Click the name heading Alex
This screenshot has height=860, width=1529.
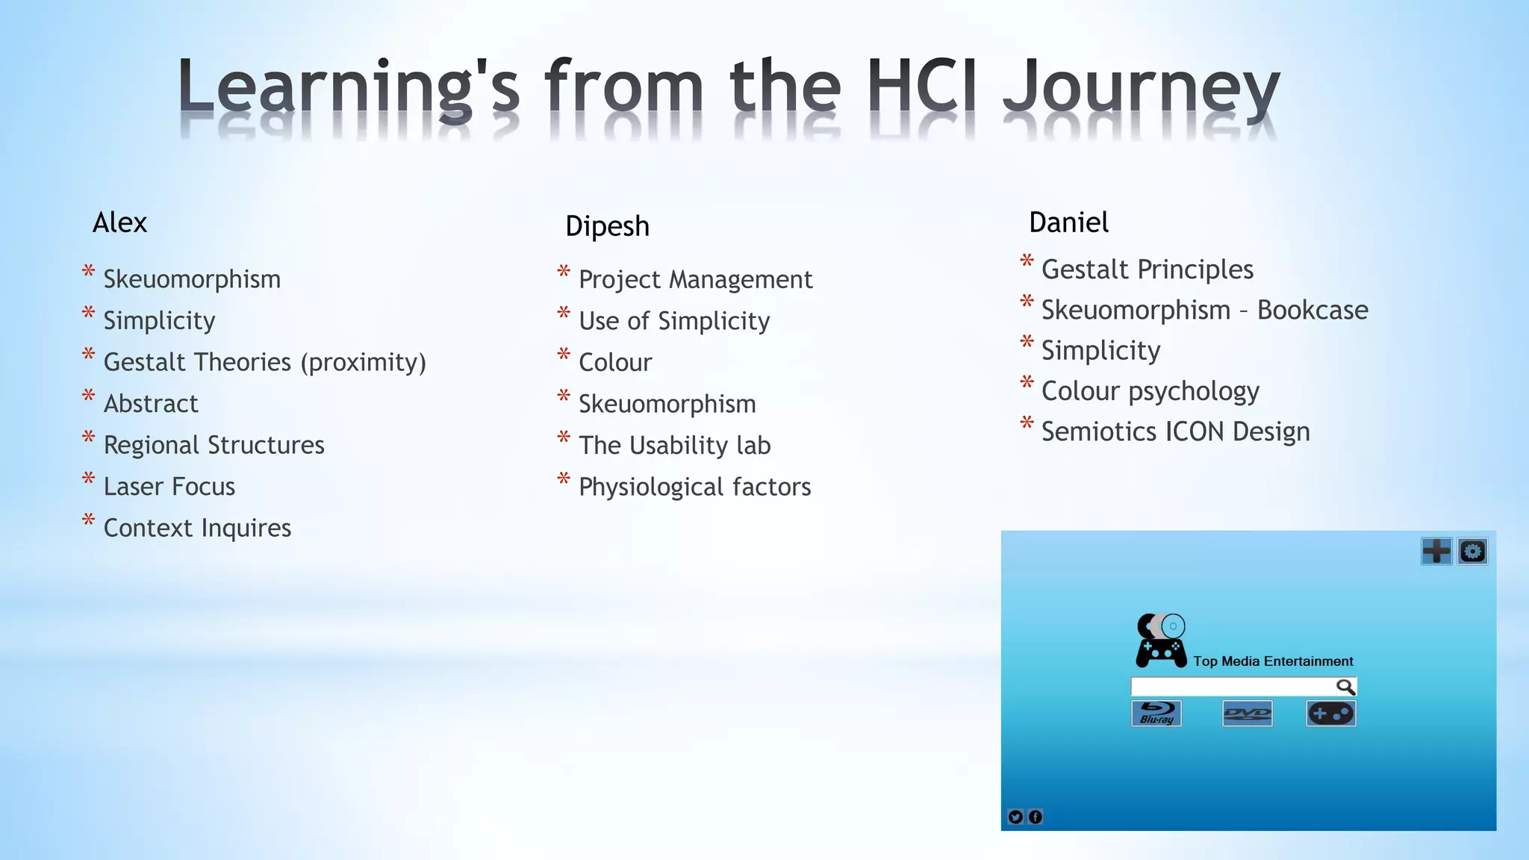point(119,222)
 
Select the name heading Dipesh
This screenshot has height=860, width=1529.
point(607,226)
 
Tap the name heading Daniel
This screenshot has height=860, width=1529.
point(1068,222)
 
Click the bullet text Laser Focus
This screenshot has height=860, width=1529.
point(169,487)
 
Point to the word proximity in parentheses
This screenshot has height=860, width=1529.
point(364,363)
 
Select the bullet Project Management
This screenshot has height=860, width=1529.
point(695,280)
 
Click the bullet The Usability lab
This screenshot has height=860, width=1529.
point(674,446)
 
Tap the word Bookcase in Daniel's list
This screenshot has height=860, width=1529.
point(1312,310)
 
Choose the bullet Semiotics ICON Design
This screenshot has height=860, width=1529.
point(1175,431)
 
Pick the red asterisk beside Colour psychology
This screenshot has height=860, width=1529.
point(1027,384)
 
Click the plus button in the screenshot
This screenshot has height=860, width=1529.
point(1436,552)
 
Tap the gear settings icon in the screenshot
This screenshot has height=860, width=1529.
point(1472,552)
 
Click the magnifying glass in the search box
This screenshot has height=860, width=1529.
point(1345,687)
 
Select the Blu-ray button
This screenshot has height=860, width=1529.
point(1156,714)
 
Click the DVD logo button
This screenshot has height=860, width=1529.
point(1247,714)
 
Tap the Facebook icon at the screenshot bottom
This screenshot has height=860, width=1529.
point(1036,817)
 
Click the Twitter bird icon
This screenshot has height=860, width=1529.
point(1015,817)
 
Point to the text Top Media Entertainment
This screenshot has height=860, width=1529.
point(1273,661)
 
